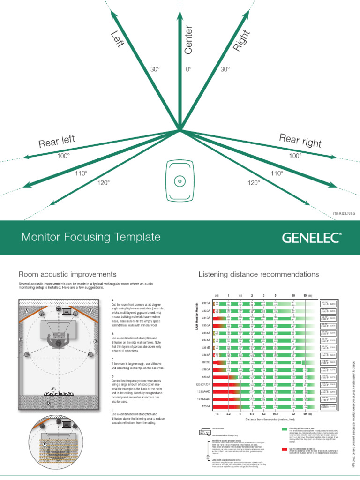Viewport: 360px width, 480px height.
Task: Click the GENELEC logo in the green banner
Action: [x=311, y=238]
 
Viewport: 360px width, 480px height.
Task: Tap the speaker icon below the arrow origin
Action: [x=179, y=180]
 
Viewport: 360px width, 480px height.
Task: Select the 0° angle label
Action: [x=188, y=69]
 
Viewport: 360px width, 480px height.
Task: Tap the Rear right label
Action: [x=300, y=140]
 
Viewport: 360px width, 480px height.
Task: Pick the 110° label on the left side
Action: [x=82, y=173]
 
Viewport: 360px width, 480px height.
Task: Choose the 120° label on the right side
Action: [x=254, y=183]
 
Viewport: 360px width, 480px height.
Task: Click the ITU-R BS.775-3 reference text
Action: [x=344, y=213]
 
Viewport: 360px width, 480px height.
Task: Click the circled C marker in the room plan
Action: [x=53, y=390]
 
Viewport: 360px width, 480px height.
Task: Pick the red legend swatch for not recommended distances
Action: [x=285, y=449]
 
